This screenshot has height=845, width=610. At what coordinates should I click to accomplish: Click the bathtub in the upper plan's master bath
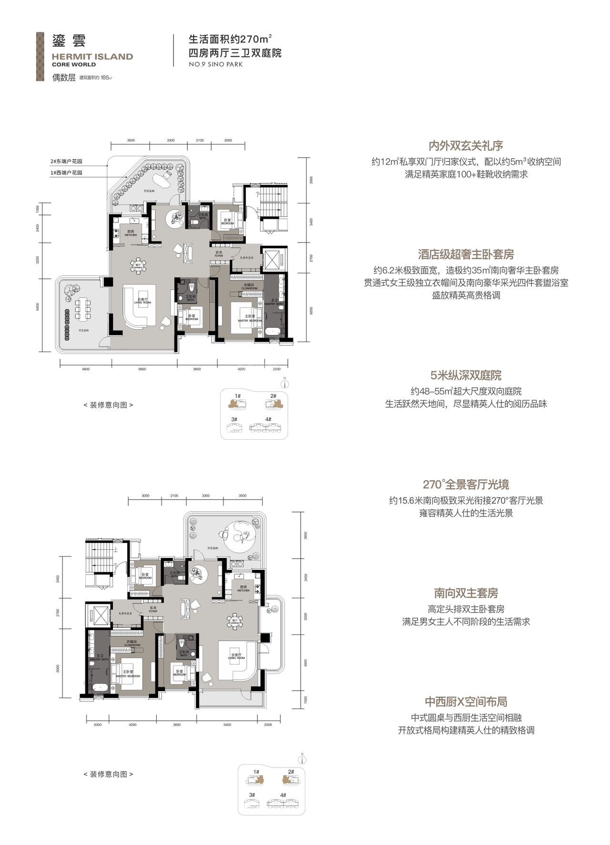[x=274, y=332]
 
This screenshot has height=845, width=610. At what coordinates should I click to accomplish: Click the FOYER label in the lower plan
[x=153, y=609]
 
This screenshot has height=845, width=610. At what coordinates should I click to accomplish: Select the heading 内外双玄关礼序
[x=466, y=146]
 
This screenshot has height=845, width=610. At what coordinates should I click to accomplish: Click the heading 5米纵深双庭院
[x=466, y=375]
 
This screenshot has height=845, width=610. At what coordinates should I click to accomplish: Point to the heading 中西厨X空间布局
[x=466, y=702]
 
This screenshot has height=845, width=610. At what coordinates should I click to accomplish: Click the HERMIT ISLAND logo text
[x=92, y=57]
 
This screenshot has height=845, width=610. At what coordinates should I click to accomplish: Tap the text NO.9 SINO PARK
[x=216, y=64]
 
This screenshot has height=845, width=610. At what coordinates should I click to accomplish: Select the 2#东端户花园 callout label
[x=66, y=161]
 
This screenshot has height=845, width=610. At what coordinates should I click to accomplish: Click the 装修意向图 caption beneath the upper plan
[x=108, y=405]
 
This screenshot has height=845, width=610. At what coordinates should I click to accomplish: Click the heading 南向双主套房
[x=466, y=593]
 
